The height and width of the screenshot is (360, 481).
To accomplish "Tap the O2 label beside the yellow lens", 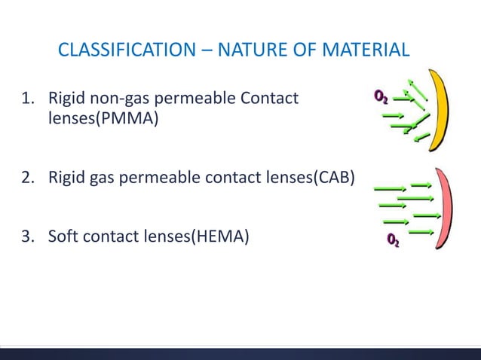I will tap(381, 96).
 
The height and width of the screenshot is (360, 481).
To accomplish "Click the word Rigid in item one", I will tap(66, 99).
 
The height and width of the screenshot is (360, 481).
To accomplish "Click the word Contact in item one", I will tap(273, 99).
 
